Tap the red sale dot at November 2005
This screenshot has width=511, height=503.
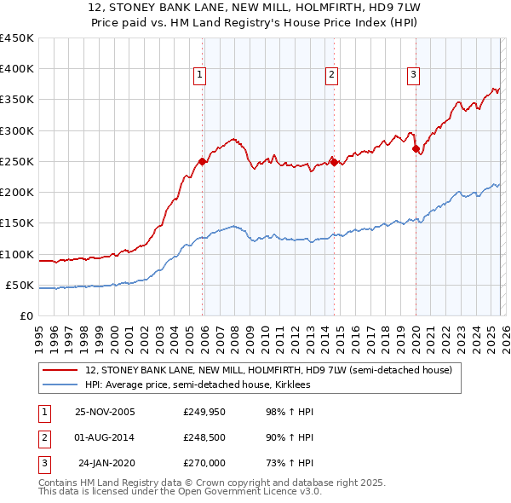tap(202, 161)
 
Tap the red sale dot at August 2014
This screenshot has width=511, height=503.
tap(334, 161)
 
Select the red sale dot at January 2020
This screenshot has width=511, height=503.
tap(416, 149)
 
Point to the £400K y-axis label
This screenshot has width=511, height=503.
tap(17, 69)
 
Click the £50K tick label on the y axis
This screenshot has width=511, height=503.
tap(20, 285)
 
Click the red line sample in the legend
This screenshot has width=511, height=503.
tap(60, 371)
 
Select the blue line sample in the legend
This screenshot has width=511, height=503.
tap(60, 384)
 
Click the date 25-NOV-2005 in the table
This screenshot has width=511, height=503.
tap(105, 412)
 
